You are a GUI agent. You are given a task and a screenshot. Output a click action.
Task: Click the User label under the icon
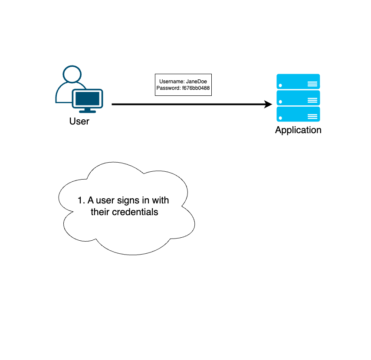(x=79, y=121)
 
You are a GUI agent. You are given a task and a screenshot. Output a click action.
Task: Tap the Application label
(x=298, y=130)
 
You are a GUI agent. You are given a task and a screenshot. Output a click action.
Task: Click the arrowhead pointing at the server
(x=268, y=104)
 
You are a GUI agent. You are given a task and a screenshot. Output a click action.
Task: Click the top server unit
(x=298, y=82)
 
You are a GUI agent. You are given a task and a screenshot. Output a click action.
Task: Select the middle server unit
(x=298, y=98)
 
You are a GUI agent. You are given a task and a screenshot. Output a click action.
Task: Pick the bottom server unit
(x=298, y=114)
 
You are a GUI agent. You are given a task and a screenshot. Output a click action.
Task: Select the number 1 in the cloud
(x=80, y=200)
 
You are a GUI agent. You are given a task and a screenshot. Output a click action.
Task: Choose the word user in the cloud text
(x=105, y=200)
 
